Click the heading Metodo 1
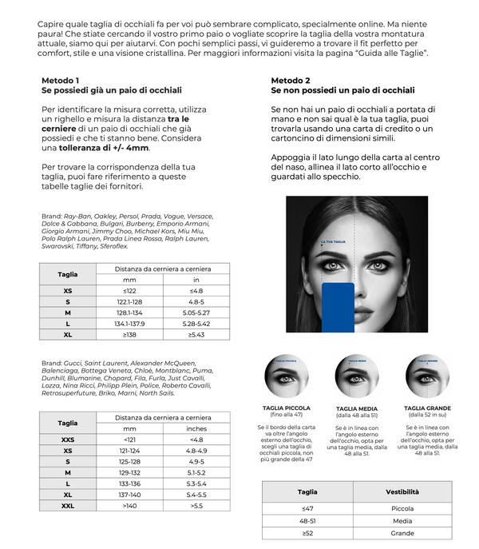[x=60, y=81]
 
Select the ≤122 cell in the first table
[x=129, y=291]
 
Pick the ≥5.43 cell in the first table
[x=196, y=335]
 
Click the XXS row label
[x=67, y=439]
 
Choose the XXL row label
[x=67, y=506]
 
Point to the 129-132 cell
[x=129, y=472]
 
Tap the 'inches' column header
[x=196, y=428]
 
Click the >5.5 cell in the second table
[x=196, y=506]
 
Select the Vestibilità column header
[x=402, y=491]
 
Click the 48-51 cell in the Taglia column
[x=307, y=520]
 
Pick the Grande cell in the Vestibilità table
[x=402, y=533]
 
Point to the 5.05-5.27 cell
[x=196, y=313]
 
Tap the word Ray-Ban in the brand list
[x=78, y=216]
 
